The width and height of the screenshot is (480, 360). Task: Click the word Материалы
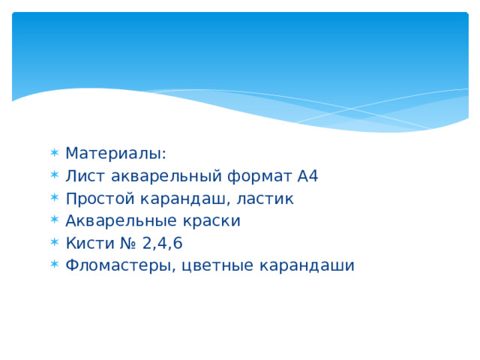115,154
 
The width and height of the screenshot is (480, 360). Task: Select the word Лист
82,176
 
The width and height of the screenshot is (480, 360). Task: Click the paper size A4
308,176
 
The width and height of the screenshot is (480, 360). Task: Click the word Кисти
85,243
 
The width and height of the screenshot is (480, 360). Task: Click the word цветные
217,266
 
